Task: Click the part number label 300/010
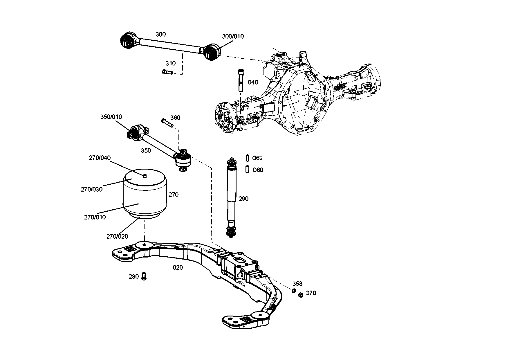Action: click(x=233, y=36)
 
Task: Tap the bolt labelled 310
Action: click(x=167, y=72)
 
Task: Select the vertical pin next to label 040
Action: click(x=241, y=80)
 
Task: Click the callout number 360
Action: click(x=175, y=118)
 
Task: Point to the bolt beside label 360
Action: click(x=167, y=123)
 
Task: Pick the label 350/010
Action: click(x=111, y=117)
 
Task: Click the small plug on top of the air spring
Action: click(x=145, y=175)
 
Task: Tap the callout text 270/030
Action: click(x=92, y=189)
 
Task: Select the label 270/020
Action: click(x=117, y=236)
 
